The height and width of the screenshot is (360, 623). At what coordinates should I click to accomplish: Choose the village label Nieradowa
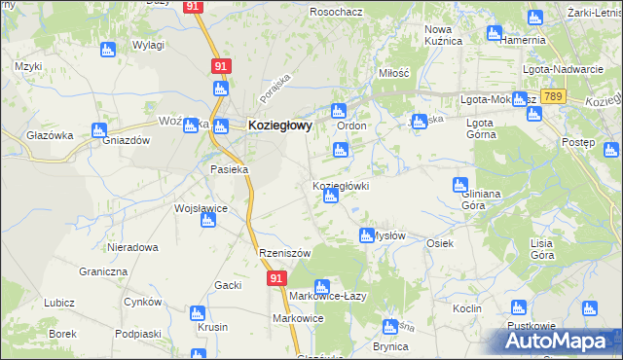[x=133, y=247]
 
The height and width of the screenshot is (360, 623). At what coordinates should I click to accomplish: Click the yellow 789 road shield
[x=554, y=97]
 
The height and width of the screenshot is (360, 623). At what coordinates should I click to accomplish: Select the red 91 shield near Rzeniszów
[x=276, y=278]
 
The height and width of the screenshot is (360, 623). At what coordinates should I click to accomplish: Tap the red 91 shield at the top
[x=193, y=6]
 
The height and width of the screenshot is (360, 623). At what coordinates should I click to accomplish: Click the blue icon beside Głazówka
[x=98, y=130]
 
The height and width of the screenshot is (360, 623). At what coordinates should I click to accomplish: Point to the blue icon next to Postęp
[x=610, y=150]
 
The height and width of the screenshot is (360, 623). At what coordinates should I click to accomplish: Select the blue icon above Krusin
[x=198, y=313]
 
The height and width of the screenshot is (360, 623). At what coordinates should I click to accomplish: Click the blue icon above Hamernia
[x=533, y=18]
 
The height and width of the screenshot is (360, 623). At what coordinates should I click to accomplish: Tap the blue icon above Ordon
[x=338, y=111]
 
